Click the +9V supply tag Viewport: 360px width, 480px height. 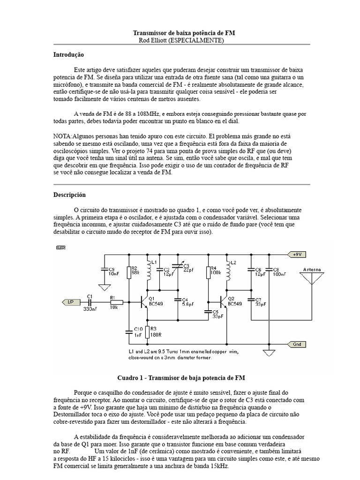pos(296,254)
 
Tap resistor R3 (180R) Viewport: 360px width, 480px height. pos(148,332)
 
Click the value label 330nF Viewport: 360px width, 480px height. pos(90,309)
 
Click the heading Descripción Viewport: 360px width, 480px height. pos(69,195)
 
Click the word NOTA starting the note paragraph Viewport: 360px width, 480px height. pos(62,135)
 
